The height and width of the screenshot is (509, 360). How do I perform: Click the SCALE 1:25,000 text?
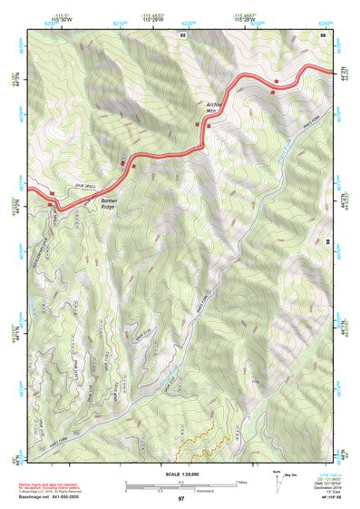[x=180, y=474]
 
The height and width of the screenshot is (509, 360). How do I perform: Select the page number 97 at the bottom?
[x=181, y=499]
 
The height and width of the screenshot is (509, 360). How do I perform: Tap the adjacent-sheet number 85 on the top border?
[x=183, y=34]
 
